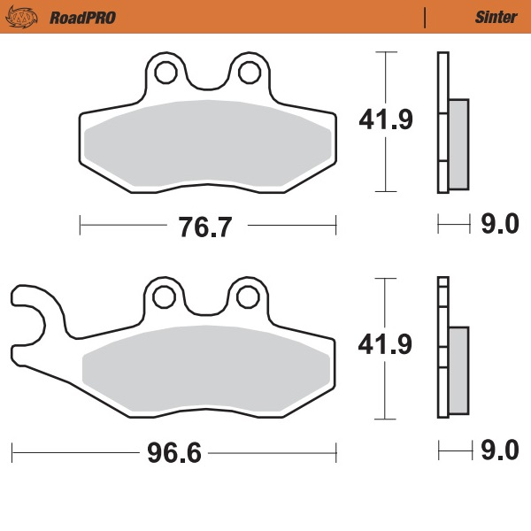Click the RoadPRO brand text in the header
[x=82, y=17]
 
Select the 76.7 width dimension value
[x=204, y=227]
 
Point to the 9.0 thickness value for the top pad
[x=498, y=226]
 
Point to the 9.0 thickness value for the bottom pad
[x=498, y=452]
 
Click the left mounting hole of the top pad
[x=165, y=71]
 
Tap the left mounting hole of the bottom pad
[x=165, y=297]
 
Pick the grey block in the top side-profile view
[x=458, y=143]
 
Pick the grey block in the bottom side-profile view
[x=458, y=370]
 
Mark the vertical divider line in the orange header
[x=425, y=17]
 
